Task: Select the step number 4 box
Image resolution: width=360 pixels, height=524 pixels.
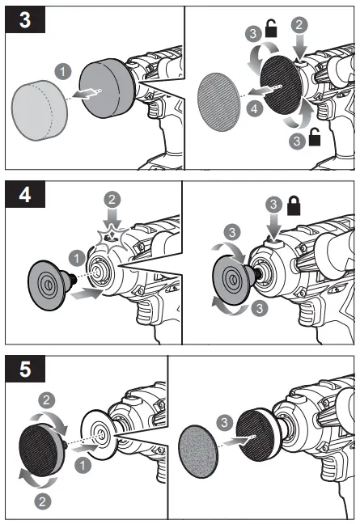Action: (25, 196)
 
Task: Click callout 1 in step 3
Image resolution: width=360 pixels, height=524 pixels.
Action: (63, 72)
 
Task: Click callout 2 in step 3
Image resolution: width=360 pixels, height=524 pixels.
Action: (299, 25)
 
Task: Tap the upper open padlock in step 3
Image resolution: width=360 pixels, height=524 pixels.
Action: (271, 32)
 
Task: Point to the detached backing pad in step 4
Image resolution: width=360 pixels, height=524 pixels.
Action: (48, 284)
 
